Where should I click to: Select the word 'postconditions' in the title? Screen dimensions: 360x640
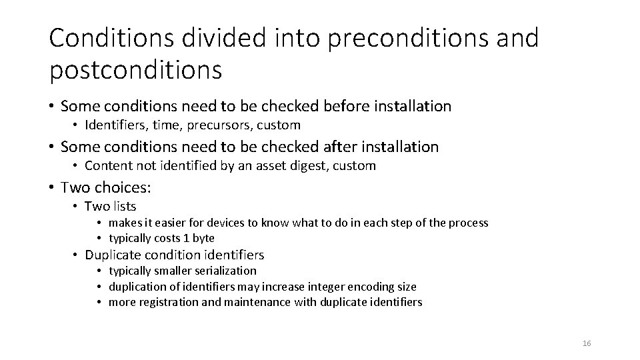click(x=135, y=69)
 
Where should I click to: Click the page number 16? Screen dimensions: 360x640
click(x=587, y=343)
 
